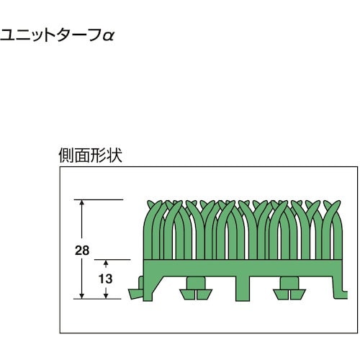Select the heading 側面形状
coord(91,155)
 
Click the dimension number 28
coord(82,251)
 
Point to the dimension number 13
coord(106,279)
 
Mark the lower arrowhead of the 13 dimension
coord(106,295)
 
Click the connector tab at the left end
coord(134,293)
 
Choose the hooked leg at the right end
coord(343,287)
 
